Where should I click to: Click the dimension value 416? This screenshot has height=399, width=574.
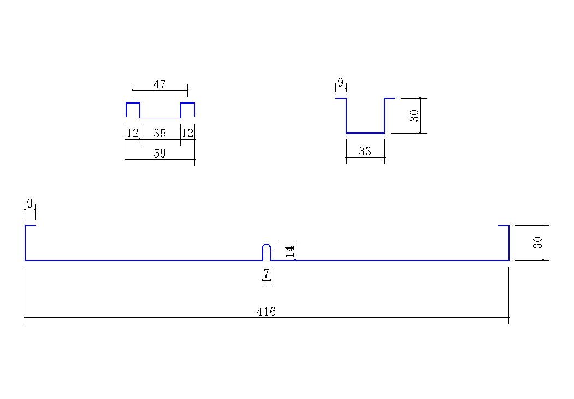click(x=266, y=311)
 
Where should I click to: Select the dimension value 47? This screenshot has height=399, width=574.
click(x=159, y=84)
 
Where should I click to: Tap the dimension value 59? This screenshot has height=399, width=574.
click(x=159, y=153)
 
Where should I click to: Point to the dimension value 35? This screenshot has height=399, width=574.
click(x=159, y=133)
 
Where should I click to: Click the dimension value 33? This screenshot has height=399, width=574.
click(x=365, y=151)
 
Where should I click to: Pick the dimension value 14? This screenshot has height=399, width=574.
click(x=289, y=251)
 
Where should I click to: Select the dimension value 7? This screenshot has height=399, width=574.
click(x=267, y=273)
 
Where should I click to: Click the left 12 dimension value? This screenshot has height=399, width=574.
click(x=133, y=133)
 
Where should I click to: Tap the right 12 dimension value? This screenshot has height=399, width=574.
click(x=187, y=133)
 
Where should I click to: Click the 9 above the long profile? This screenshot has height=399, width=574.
click(x=29, y=203)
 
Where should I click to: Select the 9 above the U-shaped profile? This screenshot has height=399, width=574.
click(x=340, y=82)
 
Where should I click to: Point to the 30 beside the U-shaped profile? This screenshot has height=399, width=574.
click(x=414, y=116)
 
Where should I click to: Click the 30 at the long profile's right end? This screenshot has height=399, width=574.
click(x=537, y=243)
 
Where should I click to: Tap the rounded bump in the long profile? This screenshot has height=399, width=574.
click(x=267, y=244)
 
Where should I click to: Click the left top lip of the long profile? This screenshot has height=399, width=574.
click(x=31, y=226)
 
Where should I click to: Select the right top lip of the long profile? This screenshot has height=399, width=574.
click(x=504, y=226)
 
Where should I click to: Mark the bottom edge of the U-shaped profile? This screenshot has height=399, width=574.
click(x=365, y=133)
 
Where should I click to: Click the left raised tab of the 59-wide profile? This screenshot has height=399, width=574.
click(x=133, y=103)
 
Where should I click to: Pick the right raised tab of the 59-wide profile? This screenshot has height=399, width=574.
click(x=187, y=103)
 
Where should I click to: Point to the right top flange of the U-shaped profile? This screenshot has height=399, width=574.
click(x=390, y=98)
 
